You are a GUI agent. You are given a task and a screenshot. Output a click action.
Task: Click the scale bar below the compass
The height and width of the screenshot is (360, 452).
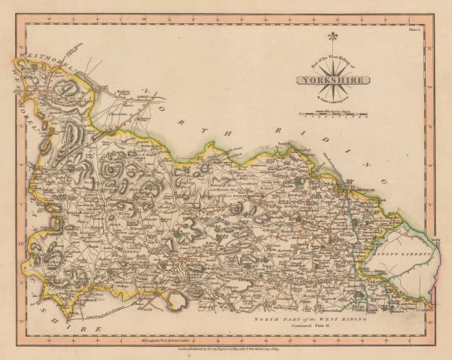(x=332, y=114)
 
